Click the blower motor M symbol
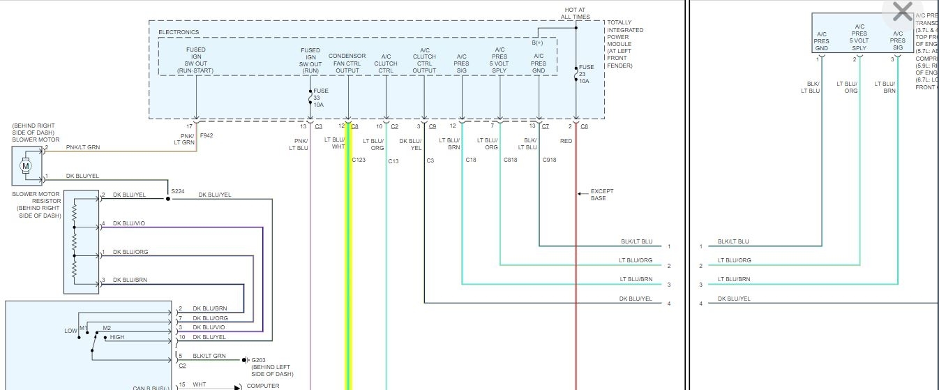pyautogui.click(x=27, y=165)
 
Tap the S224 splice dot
pyautogui.click(x=167, y=199)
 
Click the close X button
pyautogui.click(x=902, y=12)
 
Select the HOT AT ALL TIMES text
pyautogui.click(x=576, y=13)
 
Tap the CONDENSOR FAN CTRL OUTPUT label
pyautogui.click(x=347, y=63)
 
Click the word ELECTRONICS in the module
pyautogui.click(x=179, y=32)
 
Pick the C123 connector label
pyautogui.click(x=359, y=160)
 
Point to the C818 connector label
pyautogui.click(x=511, y=160)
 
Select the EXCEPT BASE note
pyautogui.click(x=598, y=194)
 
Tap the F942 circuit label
pyautogui.click(x=206, y=135)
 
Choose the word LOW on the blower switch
pyautogui.click(x=70, y=331)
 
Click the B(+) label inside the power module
pyautogui.click(x=538, y=43)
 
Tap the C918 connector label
pyautogui.click(x=550, y=160)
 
